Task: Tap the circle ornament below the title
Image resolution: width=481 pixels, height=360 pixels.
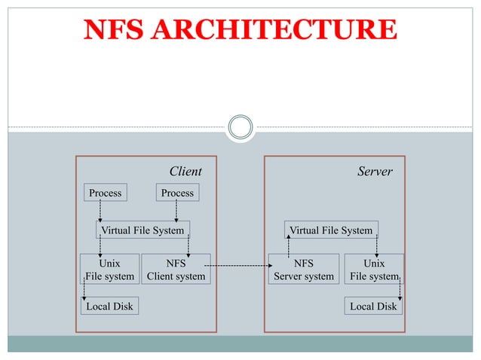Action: click(x=240, y=127)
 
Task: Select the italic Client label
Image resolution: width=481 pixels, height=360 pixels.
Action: click(x=185, y=172)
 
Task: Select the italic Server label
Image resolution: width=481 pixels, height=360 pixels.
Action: click(x=375, y=172)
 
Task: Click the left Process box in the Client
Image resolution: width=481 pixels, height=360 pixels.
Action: click(x=105, y=193)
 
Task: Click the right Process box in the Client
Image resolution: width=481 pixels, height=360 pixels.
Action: click(x=177, y=193)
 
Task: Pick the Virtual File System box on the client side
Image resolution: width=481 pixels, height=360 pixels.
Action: click(x=142, y=230)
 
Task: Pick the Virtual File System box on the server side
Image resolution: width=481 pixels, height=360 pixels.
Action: click(x=331, y=230)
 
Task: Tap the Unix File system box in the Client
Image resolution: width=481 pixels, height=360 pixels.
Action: click(x=109, y=270)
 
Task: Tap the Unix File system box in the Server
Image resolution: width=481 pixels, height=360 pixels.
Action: click(x=374, y=270)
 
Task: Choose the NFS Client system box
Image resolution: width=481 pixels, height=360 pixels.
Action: click(x=176, y=270)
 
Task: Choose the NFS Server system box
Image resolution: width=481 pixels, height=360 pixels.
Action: click(x=304, y=270)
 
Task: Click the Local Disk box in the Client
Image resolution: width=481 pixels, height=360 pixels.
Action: click(x=109, y=307)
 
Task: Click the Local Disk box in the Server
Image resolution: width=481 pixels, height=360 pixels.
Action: click(x=373, y=307)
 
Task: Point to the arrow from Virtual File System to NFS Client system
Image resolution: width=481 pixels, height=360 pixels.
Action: click(x=188, y=246)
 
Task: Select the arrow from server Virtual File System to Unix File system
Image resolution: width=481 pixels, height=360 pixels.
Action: click(x=376, y=246)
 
